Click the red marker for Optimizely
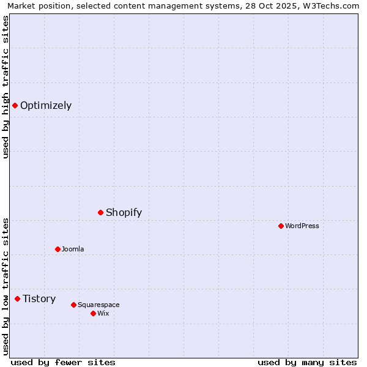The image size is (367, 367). (15, 105)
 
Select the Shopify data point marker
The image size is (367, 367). (101, 212)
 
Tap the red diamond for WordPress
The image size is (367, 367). (281, 226)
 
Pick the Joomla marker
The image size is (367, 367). (57, 249)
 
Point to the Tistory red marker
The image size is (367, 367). (17, 298)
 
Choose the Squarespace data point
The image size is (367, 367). (73, 305)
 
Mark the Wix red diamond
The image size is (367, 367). (93, 313)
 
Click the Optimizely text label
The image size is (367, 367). (46, 105)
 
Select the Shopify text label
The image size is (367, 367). (124, 212)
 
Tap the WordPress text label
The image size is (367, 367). (302, 226)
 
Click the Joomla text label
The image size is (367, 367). (73, 249)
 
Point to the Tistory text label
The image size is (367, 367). (39, 298)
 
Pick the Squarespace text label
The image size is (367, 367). (98, 305)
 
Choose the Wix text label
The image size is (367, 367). (103, 313)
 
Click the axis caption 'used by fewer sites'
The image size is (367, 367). (63, 362)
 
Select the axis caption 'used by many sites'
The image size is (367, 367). (307, 362)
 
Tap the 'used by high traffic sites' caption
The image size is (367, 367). (6, 87)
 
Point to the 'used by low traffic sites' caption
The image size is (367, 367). (6, 286)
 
